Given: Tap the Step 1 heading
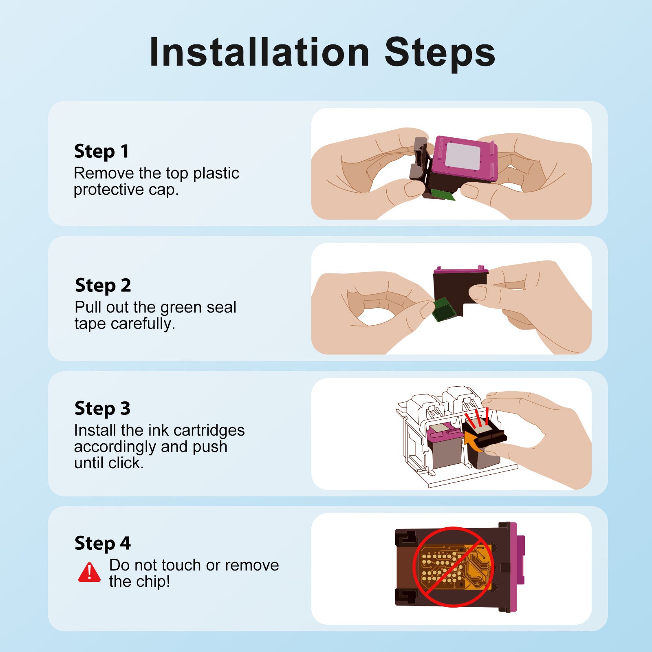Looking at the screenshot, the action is [x=101, y=152].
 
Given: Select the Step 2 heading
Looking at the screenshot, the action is [x=103, y=286].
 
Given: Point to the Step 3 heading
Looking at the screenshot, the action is [x=102, y=409].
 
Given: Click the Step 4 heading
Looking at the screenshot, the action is [x=103, y=544].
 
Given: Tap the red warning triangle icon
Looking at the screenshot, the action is [x=89, y=572].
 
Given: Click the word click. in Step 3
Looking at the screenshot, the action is [x=126, y=463].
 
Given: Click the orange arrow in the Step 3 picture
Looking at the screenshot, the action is [x=473, y=442].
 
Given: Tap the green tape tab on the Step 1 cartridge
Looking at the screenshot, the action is [x=443, y=195].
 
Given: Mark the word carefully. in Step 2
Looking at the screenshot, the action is [x=143, y=324].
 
